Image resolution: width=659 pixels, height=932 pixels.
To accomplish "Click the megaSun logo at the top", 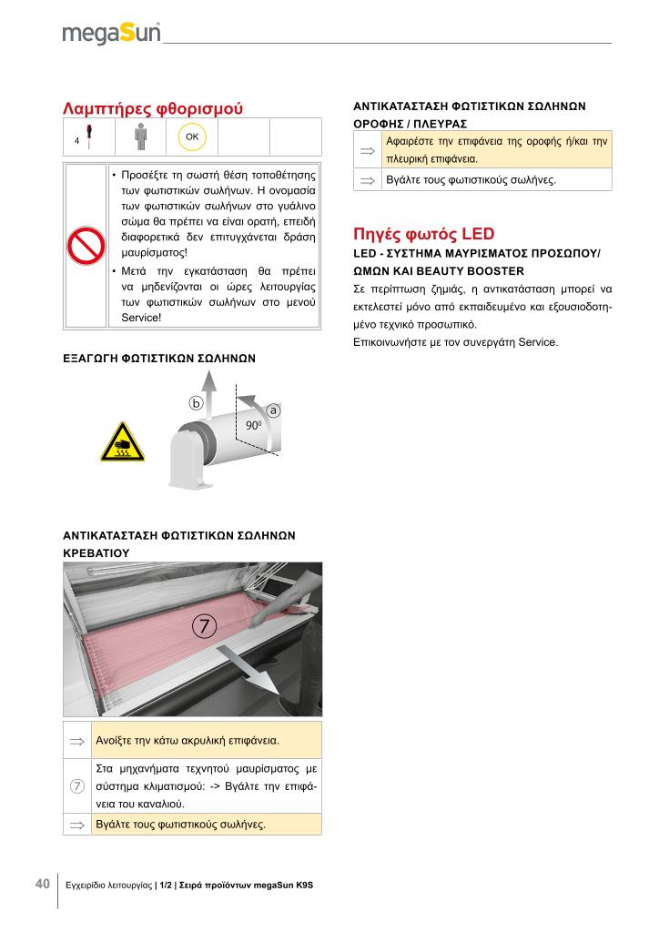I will click(111, 34).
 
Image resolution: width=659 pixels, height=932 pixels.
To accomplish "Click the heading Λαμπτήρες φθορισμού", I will click(153, 108).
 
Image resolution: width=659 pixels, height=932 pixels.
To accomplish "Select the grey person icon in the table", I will click(140, 137).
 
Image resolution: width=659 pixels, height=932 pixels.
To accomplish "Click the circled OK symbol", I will click(192, 137).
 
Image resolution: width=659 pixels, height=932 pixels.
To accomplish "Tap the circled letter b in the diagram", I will click(195, 401).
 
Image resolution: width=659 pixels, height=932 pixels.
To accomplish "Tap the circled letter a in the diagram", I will click(272, 411).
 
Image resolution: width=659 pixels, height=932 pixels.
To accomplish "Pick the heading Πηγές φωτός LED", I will click(423, 234).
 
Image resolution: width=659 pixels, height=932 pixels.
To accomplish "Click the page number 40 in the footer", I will click(42, 884).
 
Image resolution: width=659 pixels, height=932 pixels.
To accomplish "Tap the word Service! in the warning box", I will click(141, 318).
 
